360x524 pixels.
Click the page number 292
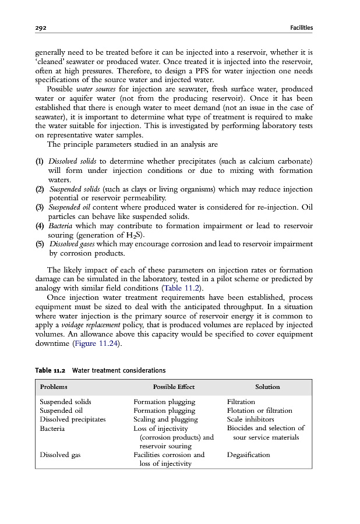(x=41, y=27)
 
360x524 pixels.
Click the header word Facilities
(x=301, y=27)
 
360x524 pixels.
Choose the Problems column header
(x=53, y=387)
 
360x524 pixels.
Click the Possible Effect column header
(x=174, y=387)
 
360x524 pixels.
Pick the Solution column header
(x=267, y=387)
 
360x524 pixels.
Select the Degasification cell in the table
(x=248, y=455)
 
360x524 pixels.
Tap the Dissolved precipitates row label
(x=72, y=419)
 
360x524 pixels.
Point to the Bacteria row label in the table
(x=52, y=429)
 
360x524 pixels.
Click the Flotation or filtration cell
(x=258, y=410)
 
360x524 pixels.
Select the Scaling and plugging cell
(x=165, y=419)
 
